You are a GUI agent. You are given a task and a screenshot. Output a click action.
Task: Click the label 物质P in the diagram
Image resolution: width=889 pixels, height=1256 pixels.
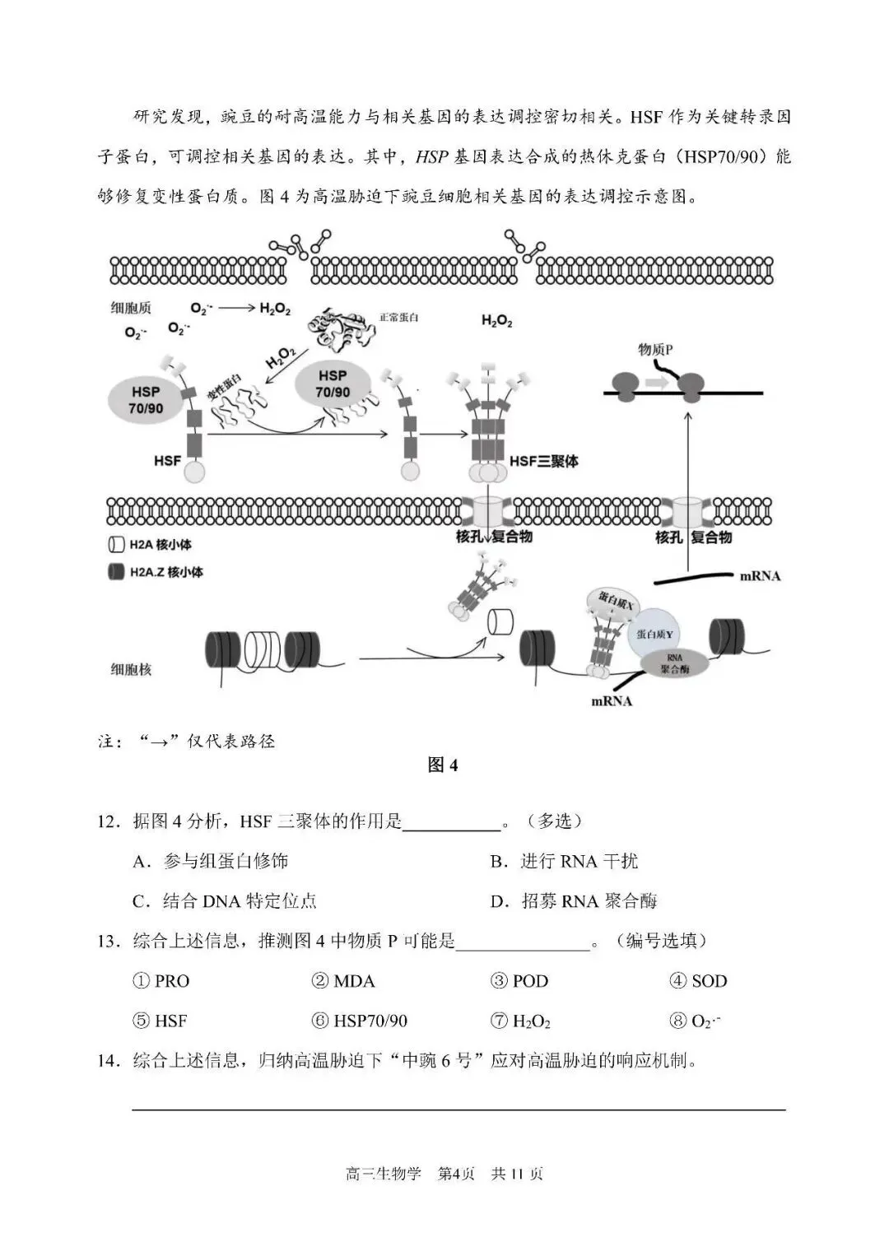coord(655,349)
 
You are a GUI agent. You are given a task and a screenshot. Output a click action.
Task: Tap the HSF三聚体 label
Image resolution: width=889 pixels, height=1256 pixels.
coord(543,462)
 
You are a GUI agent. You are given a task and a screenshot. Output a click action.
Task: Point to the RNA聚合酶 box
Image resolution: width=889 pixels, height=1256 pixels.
coord(674,663)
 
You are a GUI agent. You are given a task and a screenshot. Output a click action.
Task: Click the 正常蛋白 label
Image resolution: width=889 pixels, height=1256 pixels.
coord(398,317)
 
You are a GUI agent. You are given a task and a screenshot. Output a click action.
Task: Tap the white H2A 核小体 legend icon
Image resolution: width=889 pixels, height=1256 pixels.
coord(115,545)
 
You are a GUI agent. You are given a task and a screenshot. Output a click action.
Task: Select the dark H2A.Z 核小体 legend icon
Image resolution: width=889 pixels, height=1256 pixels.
coord(115,572)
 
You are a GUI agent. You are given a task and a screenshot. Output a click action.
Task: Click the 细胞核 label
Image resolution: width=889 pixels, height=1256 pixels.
coord(132,669)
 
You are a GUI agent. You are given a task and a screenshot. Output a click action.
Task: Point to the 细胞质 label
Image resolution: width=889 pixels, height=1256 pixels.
coord(132,308)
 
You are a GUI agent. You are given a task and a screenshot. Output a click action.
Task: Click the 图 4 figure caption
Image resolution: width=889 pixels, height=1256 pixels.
coord(443,765)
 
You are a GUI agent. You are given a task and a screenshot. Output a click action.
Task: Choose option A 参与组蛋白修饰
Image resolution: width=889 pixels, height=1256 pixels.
coord(211,861)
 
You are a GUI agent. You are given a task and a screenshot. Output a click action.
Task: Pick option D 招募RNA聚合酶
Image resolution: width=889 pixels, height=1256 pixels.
coord(574,901)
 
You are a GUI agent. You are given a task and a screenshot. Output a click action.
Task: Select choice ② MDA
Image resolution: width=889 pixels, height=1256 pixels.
coord(343,981)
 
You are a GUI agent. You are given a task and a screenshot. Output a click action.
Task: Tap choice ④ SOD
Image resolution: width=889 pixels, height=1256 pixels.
coord(699,981)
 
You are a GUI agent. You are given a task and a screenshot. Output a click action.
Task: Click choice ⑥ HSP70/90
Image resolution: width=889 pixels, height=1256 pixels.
coord(360,1021)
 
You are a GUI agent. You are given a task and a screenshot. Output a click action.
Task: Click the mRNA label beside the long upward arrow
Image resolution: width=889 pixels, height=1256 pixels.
coord(759,576)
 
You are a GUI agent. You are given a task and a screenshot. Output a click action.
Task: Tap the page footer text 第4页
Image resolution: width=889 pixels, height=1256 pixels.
coord(456,1174)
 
